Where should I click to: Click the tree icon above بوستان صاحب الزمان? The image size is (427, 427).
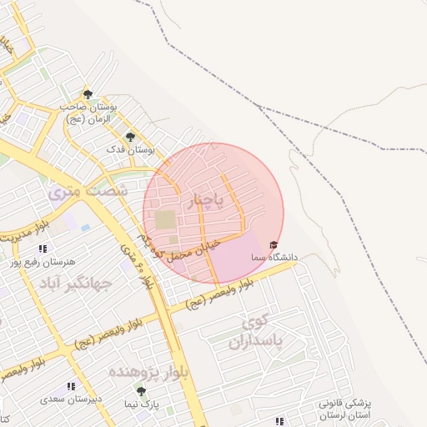pyautogui.click(x=88, y=94)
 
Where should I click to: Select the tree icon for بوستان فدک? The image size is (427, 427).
pyautogui.click(x=129, y=136)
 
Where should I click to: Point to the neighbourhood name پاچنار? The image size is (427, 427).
pyautogui.click(x=207, y=201)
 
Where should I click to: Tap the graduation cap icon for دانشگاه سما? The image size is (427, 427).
pyautogui.click(x=273, y=244)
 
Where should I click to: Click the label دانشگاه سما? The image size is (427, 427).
pyautogui.click(x=274, y=258)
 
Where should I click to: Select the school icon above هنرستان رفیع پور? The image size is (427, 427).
pyautogui.click(x=43, y=249)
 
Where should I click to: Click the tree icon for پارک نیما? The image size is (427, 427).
pyautogui.click(x=140, y=390)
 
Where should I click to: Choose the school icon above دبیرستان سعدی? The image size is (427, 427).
pyautogui.click(x=71, y=386)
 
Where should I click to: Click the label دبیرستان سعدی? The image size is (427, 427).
pyautogui.click(x=72, y=399)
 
